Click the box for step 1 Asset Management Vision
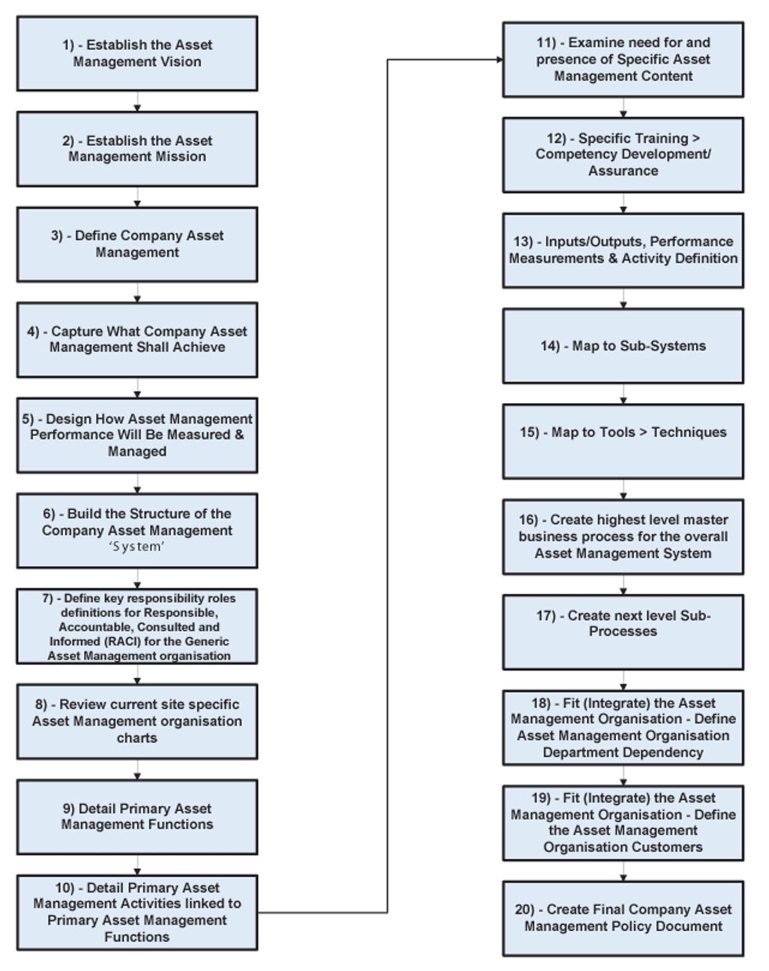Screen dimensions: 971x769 click(137, 53)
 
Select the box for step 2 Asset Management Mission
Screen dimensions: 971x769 click(137, 149)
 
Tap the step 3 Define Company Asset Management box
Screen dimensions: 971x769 click(137, 244)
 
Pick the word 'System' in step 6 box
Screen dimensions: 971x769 click(137, 547)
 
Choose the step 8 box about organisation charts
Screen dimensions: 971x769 click(137, 721)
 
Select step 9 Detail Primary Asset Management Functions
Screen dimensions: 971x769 click(137, 816)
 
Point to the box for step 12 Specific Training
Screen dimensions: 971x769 click(623, 155)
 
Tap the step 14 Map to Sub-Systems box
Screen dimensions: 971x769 click(623, 346)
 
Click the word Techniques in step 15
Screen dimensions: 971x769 click(689, 432)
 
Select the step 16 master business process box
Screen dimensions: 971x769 click(623, 536)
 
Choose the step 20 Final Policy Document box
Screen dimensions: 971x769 click(623, 918)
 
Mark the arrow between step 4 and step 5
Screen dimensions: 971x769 click(137, 388)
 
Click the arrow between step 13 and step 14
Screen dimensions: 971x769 click(624, 299)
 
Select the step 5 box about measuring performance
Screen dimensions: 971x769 click(137, 435)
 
